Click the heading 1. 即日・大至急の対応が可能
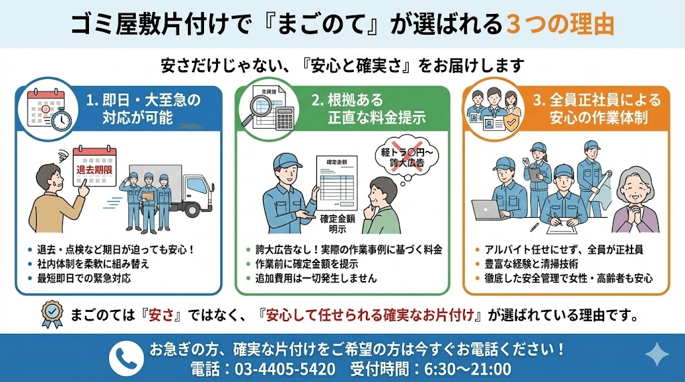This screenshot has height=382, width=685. (x=142, y=109)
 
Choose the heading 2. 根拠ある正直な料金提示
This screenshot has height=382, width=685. (x=368, y=109)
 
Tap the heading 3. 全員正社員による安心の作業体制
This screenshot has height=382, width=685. (x=597, y=109)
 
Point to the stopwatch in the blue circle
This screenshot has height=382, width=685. (x=61, y=120)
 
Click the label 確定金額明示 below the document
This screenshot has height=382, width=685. (x=338, y=224)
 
